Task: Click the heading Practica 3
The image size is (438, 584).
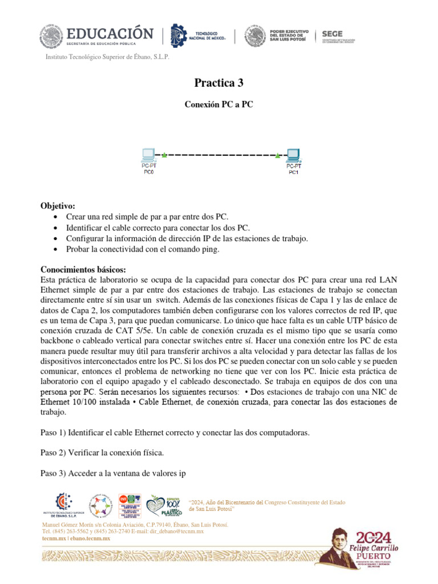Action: click(x=218, y=83)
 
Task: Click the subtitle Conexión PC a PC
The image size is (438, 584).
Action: click(x=218, y=105)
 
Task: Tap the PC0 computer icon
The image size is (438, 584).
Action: click(x=148, y=155)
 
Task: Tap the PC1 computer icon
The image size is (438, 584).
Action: click(x=293, y=155)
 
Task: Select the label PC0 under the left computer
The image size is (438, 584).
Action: click(x=148, y=171)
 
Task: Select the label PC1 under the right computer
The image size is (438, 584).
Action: click(x=293, y=172)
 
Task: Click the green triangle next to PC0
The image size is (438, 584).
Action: click(x=164, y=154)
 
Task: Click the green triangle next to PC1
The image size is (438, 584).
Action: click(x=278, y=155)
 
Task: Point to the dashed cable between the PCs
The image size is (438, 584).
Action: click(x=221, y=155)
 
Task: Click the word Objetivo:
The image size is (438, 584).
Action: click(x=58, y=206)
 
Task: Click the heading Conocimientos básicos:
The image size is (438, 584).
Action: click(x=84, y=269)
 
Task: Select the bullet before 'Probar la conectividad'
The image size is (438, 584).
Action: click(x=54, y=250)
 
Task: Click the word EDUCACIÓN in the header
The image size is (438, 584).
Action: click(x=109, y=34)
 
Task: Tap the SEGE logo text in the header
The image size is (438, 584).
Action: click(x=332, y=34)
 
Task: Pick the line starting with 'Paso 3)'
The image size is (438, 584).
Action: click(x=113, y=473)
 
